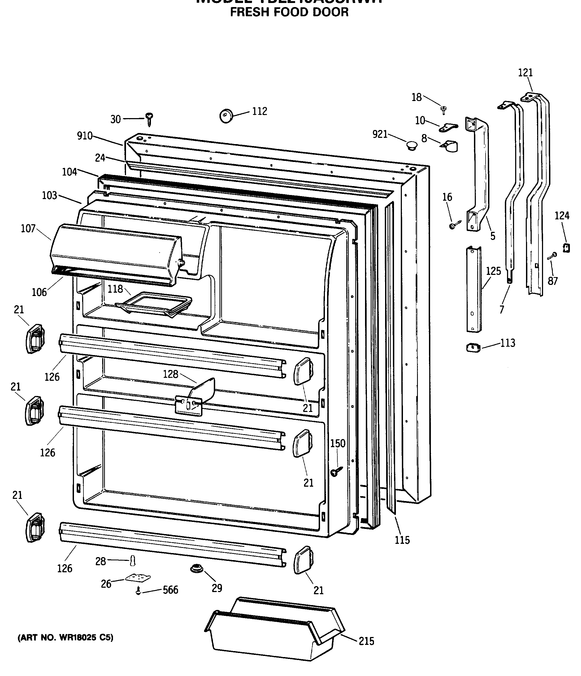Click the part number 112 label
click(x=260, y=112)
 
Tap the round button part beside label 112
click(x=226, y=116)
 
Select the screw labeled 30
click(x=150, y=119)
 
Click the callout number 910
click(x=85, y=136)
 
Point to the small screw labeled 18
click(x=444, y=110)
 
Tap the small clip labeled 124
click(x=566, y=248)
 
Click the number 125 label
click(x=493, y=271)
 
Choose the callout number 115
click(x=402, y=540)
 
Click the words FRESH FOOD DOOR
click(x=289, y=12)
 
